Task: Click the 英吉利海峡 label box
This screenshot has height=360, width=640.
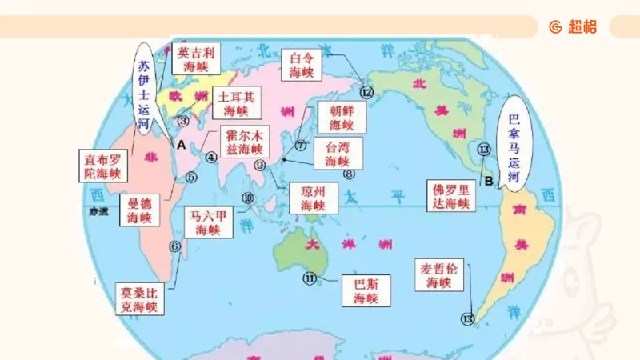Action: (x=196, y=58)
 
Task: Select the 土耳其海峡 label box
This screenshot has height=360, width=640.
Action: (x=236, y=103)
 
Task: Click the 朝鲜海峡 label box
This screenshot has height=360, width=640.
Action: (x=341, y=117)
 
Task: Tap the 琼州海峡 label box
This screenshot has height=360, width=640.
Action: (x=313, y=198)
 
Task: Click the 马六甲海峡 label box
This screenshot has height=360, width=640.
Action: (x=208, y=222)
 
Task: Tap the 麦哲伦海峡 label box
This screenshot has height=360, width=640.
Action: (x=438, y=274)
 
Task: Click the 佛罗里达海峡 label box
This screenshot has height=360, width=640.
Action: (x=451, y=196)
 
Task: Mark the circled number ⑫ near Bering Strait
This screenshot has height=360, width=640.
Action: (x=366, y=92)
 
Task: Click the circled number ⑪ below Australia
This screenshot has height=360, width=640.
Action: (x=310, y=278)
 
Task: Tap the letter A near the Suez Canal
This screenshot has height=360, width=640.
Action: (x=181, y=145)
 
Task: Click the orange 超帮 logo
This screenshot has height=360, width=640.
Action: (x=573, y=26)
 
